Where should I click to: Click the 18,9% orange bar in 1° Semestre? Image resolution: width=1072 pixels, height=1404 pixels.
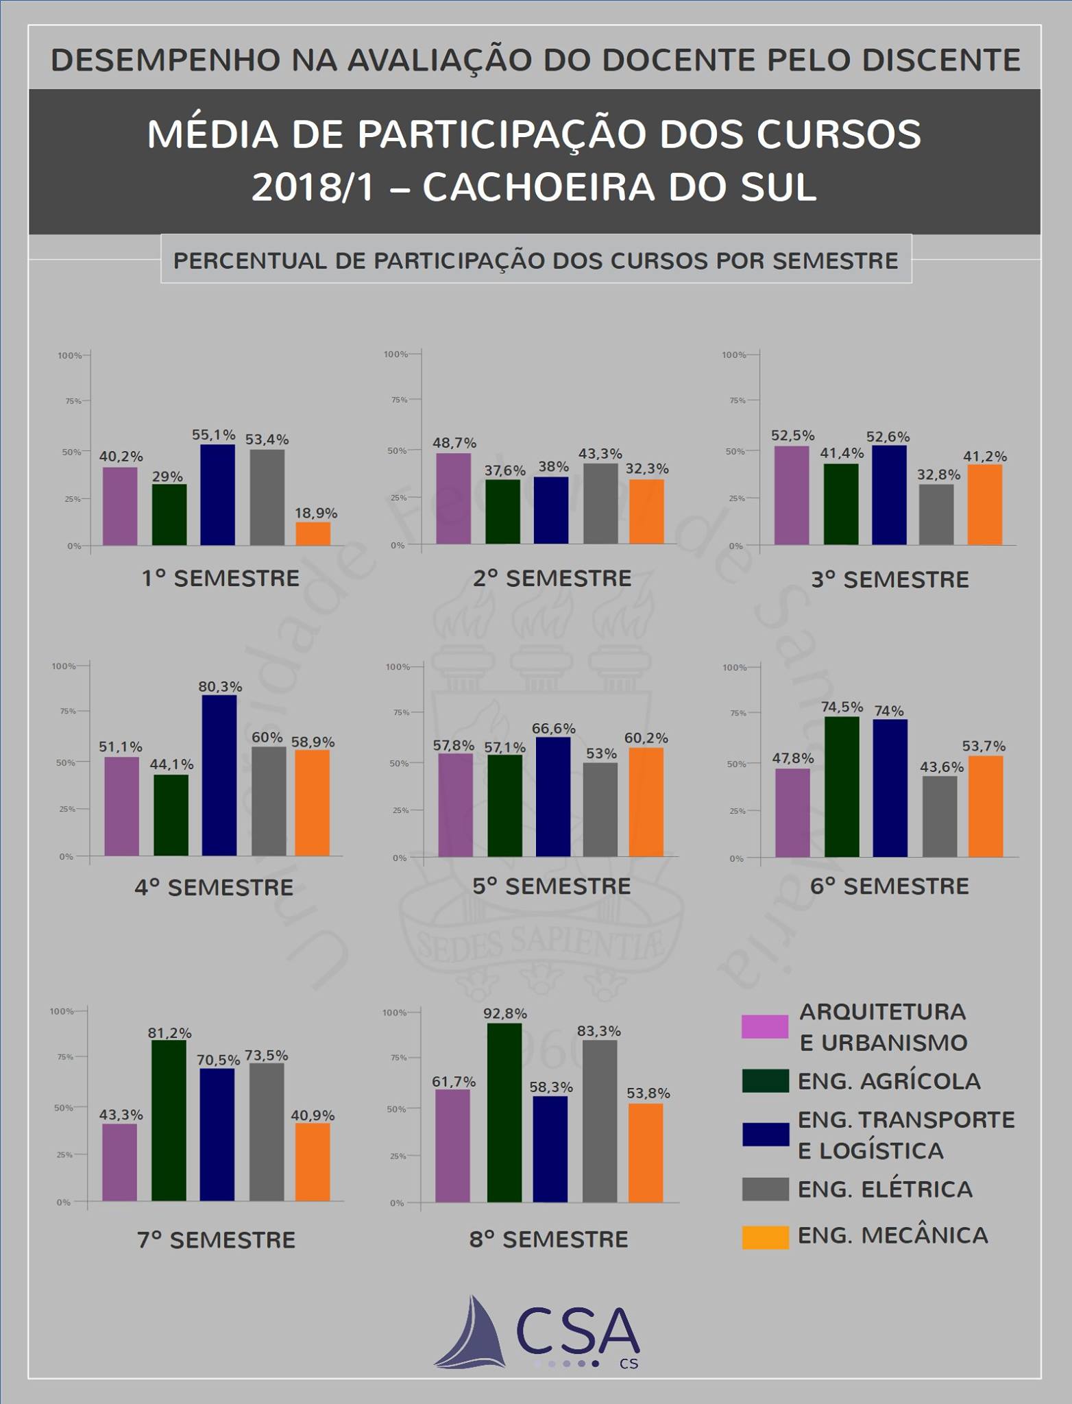tap(313, 534)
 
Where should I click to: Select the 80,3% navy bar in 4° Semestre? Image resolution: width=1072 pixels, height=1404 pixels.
tap(219, 775)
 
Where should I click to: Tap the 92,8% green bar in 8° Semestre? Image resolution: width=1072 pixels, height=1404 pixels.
tap(504, 1113)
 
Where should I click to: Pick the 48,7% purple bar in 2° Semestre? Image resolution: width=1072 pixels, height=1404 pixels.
tap(454, 498)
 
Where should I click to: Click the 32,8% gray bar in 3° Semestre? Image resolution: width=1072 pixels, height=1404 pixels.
tap(936, 515)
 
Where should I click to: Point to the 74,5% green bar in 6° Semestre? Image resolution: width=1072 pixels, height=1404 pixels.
tap(842, 787)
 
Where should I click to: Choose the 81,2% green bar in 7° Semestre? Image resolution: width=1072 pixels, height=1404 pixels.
tap(169, 1120)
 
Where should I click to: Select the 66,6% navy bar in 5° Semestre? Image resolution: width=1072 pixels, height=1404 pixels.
tap(553, 797)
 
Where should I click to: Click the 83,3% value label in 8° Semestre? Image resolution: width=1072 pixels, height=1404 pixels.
tap(599, 1031)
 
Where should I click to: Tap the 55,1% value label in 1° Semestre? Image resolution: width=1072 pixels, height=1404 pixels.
tap(213, 435)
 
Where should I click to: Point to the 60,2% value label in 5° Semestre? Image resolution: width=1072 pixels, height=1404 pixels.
tap(646, 738)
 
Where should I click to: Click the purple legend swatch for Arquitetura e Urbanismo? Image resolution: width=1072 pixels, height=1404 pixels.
tap(765, 1026)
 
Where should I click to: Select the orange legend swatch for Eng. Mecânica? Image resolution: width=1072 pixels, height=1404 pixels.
tap(765, 1237)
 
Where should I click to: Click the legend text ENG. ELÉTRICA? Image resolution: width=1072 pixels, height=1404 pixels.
tap(885, 1189)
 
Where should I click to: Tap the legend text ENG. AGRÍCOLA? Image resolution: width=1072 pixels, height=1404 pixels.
tap(889, 1081)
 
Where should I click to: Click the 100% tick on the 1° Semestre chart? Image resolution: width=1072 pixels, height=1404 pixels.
tap(70, 356)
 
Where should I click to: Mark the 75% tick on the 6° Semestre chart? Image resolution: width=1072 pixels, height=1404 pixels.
tap(738, 714)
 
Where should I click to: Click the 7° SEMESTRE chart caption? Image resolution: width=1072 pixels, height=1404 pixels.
tap(217, 1240)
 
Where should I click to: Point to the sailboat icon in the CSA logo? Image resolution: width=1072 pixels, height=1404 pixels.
tap(473, 1334)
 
